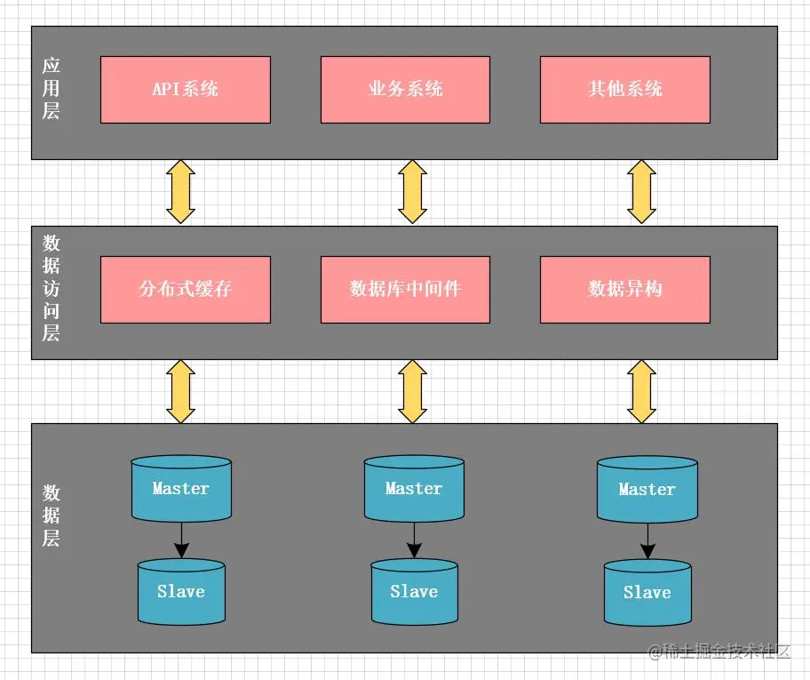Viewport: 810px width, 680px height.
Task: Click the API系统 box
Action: point(186,90)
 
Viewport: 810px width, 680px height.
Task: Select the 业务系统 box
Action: point(406,90)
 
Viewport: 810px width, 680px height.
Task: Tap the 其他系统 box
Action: point(625,90)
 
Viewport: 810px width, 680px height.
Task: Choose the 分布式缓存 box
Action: point(186,290)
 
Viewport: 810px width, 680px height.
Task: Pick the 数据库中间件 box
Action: point(406,290)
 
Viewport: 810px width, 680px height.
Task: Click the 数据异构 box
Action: point(625,290)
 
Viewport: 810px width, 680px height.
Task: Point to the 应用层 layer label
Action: point(52,88)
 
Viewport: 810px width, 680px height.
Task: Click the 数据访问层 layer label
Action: point(52,288)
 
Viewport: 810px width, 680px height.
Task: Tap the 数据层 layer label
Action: point(52,516)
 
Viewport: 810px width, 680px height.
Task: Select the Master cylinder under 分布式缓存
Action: point(181,488)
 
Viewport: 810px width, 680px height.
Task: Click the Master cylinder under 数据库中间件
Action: point(414,488)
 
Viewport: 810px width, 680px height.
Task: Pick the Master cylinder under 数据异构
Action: point(647,489)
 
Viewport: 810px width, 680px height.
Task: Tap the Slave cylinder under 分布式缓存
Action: point(181,592)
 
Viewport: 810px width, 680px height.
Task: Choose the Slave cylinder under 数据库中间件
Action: point(414,592)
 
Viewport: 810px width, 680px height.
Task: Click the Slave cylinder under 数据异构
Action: point(647,593)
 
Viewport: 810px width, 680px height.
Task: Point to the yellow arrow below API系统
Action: point(181,192)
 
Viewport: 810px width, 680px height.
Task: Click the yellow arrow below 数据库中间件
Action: point(412,391)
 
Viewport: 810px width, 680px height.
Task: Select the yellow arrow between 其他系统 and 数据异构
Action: point(641,192)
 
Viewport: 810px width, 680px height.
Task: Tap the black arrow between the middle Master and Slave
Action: point(414,540)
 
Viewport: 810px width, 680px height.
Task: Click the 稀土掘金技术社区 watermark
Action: point(719,651)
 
